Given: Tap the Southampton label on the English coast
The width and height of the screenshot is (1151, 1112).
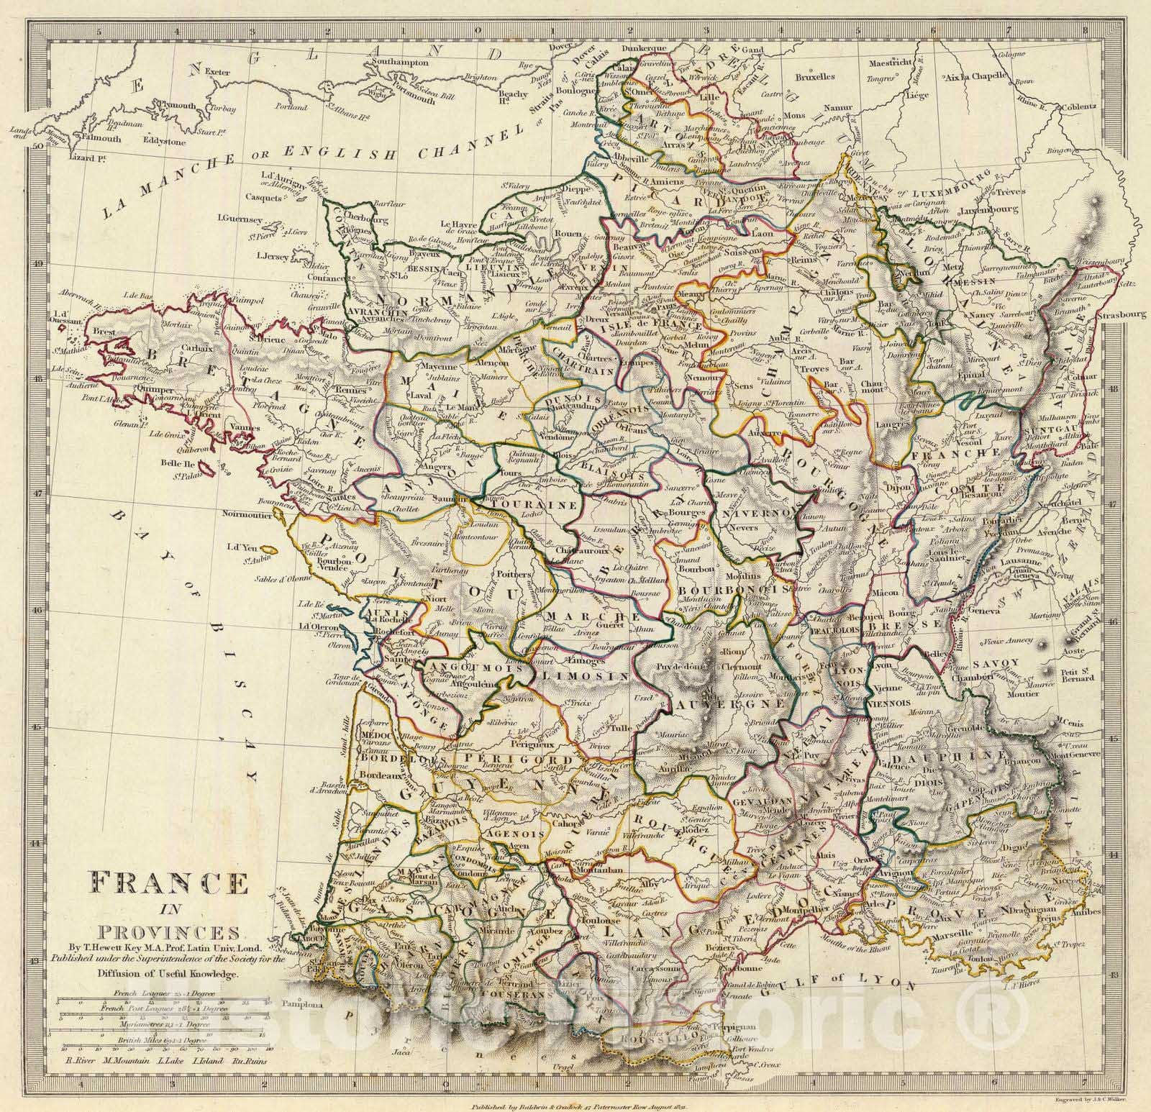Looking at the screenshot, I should click(x=400, y=63).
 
